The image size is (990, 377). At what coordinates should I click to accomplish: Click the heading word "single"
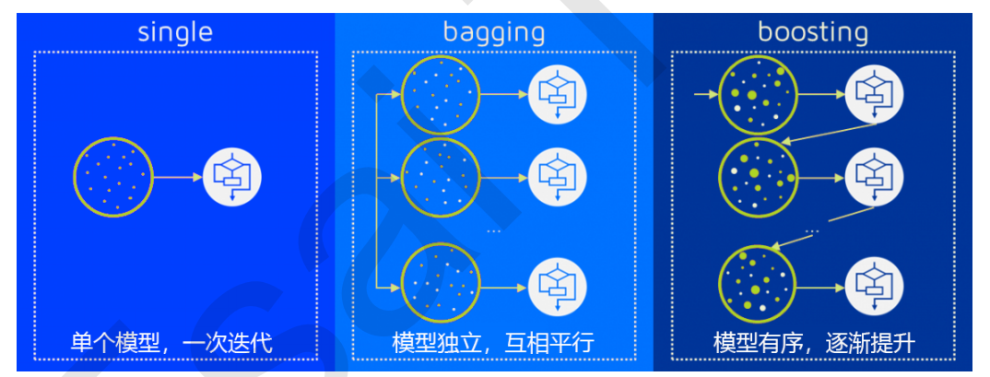175,32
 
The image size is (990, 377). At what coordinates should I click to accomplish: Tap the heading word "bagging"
494,32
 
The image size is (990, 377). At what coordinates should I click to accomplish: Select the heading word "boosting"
813,32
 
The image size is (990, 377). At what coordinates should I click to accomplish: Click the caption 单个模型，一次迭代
172,344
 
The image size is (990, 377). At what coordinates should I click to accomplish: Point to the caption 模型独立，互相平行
493,344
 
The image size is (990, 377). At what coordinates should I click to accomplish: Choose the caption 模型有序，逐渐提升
814,344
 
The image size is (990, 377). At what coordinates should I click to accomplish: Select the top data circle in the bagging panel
441,94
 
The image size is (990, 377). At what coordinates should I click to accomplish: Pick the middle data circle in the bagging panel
441,176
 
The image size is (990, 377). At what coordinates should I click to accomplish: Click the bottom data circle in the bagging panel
441,280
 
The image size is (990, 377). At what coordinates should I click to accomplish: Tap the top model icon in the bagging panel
559,94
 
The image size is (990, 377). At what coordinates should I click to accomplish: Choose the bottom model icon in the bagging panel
559,280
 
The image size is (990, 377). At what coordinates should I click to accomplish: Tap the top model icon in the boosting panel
878,94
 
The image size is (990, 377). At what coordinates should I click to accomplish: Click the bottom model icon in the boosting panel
878,280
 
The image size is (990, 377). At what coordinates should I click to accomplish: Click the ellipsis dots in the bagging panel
494,230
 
